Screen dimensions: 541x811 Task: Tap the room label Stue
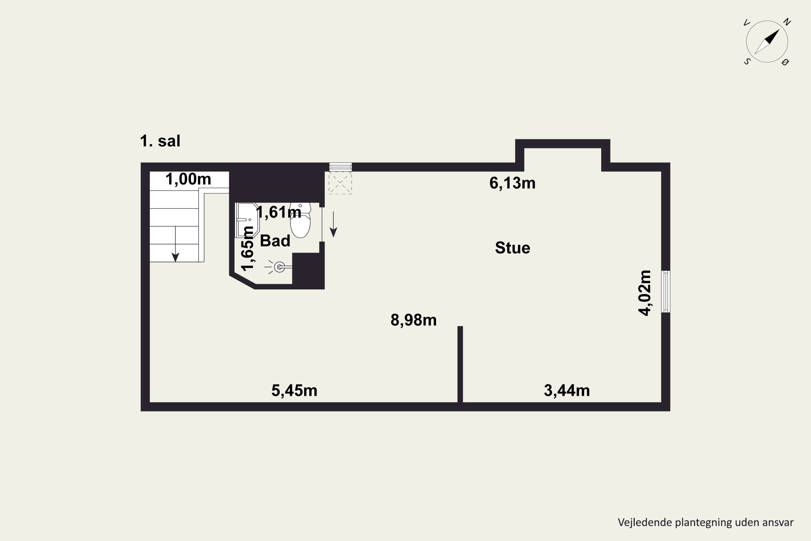tap(512, 248)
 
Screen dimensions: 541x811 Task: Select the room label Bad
tap(275, 240)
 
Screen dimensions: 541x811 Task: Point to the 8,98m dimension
tap(413, 320)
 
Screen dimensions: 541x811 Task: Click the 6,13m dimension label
tap(512, 183)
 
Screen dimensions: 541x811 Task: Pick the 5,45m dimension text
tap(294, 391)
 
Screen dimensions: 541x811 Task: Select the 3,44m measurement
tap(567, 391)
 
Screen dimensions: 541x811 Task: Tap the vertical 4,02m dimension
tap(644, 293)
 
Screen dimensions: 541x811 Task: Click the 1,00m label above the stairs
tap(188, 179)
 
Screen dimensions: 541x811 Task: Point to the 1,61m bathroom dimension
tap(279, 212)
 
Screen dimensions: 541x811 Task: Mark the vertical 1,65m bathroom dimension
tap(247, 248)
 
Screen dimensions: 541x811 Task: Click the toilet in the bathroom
tap(300, 223)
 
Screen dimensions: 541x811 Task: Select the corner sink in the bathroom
tap(247, 220)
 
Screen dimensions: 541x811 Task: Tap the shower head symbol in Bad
tap(279, 267)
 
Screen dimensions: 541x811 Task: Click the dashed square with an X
tap(340, 183)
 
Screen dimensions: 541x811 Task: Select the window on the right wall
tap(666, 292)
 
